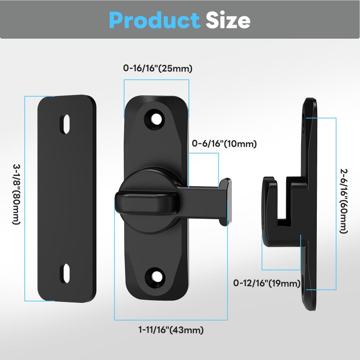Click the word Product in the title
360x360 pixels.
(154, 20)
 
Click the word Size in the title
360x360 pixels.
(228, 20)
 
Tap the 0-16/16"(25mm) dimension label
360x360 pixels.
(158, 68)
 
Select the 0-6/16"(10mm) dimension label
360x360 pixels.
(224, 144)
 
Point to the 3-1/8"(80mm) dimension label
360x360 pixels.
(17, 194)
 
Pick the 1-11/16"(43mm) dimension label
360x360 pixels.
(171, 330)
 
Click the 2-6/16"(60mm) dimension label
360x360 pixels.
(344, 201)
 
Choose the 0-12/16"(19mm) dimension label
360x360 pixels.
(267, 283)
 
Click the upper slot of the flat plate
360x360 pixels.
(65, 124)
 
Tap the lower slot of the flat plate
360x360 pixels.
(65, 274)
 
